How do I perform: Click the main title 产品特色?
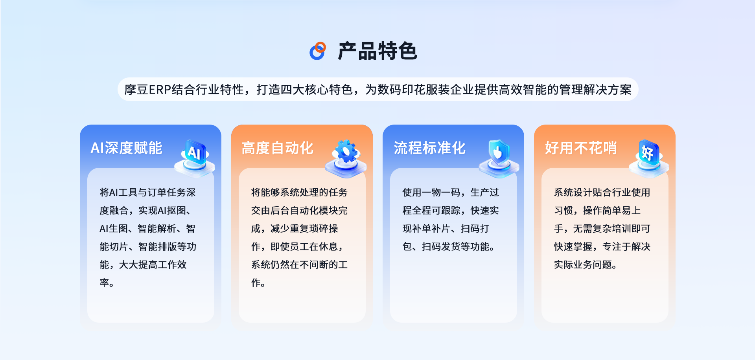click(x=377, y=51)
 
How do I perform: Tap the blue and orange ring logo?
click(x=318, y=51)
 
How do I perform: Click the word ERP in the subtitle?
click(x=160, y=90)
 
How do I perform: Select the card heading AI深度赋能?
click(x=126, y=148)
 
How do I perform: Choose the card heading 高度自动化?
click(x=278, y=148)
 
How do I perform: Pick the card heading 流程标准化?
click(x=429, y=148)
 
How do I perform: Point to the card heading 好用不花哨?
click(x=581, y=148)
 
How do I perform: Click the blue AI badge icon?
click(x=195, y=156)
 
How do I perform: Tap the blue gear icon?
click(x=346, y=156)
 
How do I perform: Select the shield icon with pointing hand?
click(x=499, y=156)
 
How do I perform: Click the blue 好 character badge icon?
click(x=649, y=156)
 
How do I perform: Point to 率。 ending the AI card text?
click(x=107, y=283)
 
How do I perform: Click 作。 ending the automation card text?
click(x=258, y=283)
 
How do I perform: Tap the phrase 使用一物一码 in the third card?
click(x=431, y=192)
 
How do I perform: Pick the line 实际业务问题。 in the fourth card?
click(x=586, y=264)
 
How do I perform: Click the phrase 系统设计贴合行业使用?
click(x=602, y=192)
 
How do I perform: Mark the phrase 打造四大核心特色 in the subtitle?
click(x=304, y=90)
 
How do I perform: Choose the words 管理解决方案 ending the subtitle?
click(x=595, y=90)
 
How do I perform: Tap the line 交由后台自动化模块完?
click(x=299, y=210)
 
